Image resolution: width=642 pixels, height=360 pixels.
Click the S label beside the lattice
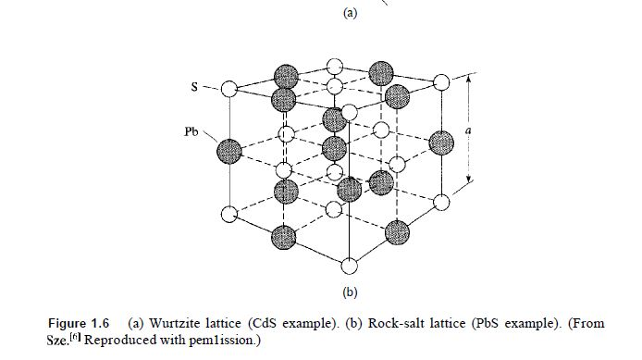(x=195, y=87)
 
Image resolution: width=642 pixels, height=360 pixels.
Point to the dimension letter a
(x=468, y=131)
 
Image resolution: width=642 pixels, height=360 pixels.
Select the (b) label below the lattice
(x=350, y=294)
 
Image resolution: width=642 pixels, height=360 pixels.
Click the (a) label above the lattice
(x=350, y=13)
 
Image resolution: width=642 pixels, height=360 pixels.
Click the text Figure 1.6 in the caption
(x=79, y=323)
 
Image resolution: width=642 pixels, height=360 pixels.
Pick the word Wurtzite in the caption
(x=181, y=323)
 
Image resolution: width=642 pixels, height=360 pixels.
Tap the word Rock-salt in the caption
(x=396, y=323)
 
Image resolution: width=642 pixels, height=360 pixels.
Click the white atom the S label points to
(x=229, y=90)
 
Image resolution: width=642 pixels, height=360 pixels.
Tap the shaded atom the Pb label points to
(x=229, y=150)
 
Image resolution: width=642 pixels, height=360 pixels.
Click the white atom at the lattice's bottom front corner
(x=349, y=267)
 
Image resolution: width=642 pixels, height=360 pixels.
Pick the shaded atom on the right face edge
(x=442, y=141)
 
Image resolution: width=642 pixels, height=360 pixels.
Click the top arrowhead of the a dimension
(x=468, y=80)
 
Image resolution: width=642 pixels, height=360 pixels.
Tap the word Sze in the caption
(x=60, y=339)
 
